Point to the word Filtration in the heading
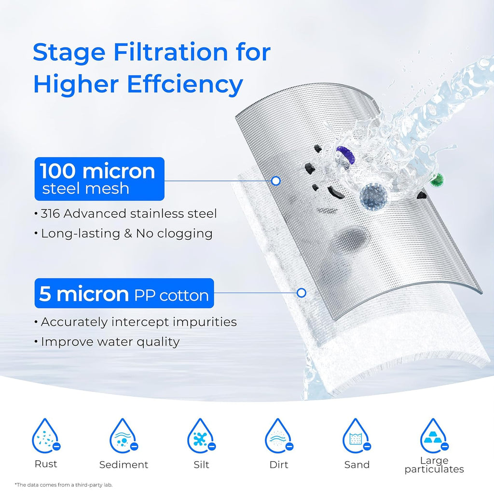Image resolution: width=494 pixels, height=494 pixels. tap(159, 52)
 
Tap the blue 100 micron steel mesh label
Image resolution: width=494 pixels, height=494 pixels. tap(99, 178)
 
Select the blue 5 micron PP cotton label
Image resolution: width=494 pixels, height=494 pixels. tap(124, 293)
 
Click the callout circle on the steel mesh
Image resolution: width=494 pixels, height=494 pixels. tap(276, 181)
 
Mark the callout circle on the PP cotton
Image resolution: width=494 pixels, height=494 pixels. tap(302, 292)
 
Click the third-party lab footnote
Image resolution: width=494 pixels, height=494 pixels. tap(64, 484)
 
